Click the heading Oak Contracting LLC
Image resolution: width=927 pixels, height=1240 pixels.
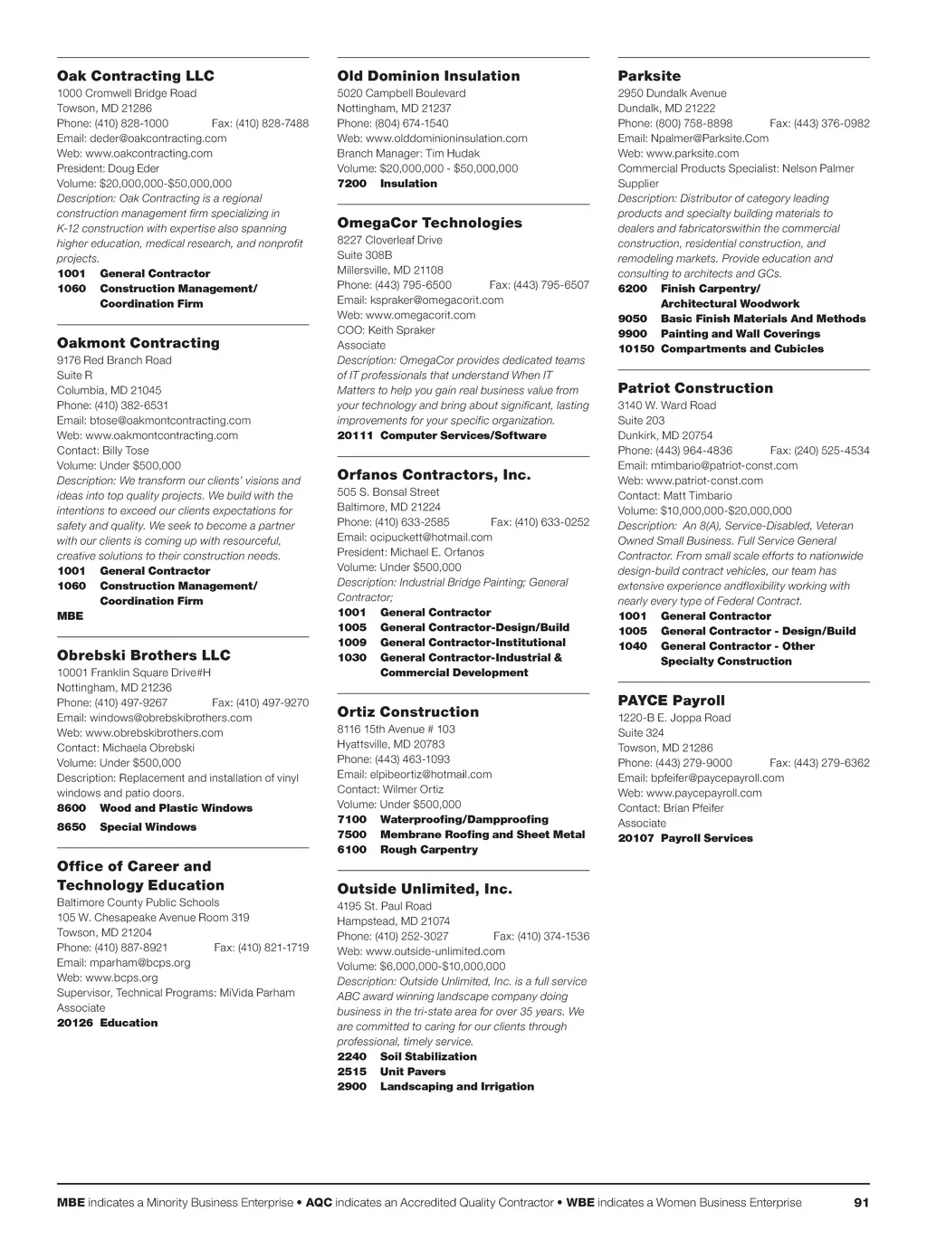(136, 76)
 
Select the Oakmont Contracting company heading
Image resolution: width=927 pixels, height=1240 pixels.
(139, 343)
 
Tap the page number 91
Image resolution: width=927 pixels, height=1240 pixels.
(861, 1203)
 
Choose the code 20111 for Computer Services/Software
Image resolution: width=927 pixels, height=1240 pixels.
(355, 435)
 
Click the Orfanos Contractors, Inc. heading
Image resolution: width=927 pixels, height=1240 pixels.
(434, 475)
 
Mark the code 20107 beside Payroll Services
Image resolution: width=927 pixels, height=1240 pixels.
(636, 838)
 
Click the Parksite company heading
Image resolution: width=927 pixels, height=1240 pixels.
(649, 76)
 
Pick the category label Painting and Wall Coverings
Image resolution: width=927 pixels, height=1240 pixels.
(741, 334)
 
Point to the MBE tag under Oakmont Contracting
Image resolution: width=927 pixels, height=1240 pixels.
(70, 616)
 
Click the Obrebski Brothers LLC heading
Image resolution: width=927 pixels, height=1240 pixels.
(144, 655)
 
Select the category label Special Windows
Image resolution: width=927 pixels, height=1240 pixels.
(148, 827)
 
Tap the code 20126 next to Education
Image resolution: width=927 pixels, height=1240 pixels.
(74, 1023)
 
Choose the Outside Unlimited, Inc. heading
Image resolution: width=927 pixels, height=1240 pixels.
(425, 889)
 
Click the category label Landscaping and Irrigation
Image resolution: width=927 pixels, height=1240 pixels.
(457, 1087)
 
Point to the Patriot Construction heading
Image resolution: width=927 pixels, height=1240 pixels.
(695, 388)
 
